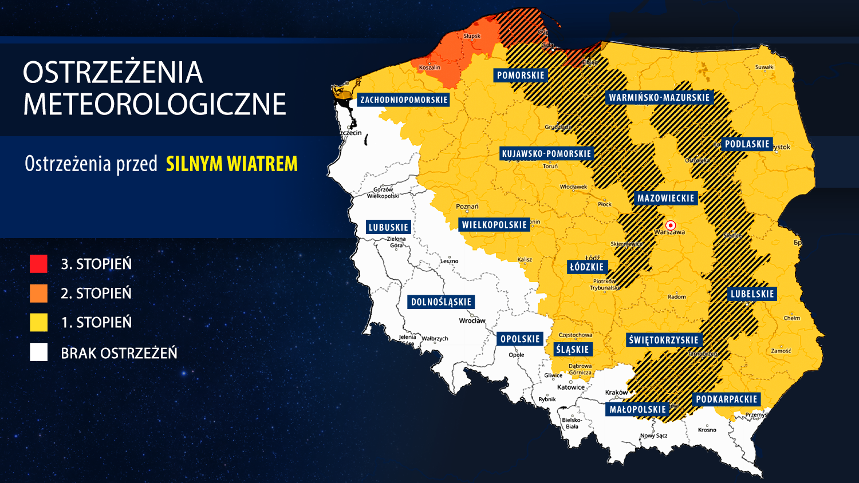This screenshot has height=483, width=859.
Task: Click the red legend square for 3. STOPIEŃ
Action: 38,264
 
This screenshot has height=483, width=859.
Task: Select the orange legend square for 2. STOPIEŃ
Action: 38,293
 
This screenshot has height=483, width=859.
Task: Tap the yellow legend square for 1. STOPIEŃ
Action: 38,322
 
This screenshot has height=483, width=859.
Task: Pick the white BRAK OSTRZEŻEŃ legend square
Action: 38,353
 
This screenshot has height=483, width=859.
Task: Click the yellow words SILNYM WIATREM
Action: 231,164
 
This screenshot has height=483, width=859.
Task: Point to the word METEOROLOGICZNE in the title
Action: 155,104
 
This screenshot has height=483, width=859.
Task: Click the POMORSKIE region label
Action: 521,76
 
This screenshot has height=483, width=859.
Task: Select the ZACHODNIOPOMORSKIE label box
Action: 404,100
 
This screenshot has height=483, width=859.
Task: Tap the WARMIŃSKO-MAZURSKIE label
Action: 659,98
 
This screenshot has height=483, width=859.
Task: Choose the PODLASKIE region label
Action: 747,144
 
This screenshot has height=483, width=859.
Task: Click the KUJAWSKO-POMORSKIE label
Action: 546,153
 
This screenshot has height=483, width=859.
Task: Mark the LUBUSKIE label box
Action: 388,227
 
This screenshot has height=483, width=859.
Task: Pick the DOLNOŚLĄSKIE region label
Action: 441,302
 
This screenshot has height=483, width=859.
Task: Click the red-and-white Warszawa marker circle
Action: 671,225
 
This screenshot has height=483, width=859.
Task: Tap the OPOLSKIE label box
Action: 520,339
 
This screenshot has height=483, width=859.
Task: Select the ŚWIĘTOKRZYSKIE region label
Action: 664,340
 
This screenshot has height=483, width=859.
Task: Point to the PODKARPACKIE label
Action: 726,399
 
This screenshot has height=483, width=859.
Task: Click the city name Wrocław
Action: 472,321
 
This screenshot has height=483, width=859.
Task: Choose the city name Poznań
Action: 467,207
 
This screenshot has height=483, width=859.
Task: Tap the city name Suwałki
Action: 765,67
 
